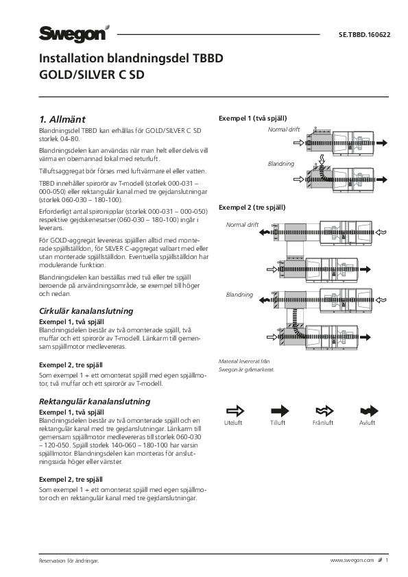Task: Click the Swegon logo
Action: coord(74,34)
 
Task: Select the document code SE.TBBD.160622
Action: coord(364,35)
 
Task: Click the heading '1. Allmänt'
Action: coord(62,119)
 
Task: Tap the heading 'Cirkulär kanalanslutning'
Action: coord(86,311)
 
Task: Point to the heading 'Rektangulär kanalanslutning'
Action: coord(95,402)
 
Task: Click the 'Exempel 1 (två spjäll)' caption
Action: coord(252,119)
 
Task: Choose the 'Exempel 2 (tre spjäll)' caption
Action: coord(252,208)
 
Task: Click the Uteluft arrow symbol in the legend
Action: coord(235,410)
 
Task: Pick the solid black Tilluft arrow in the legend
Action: coord(280,410)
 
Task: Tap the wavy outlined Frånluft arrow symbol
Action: coord(324,410)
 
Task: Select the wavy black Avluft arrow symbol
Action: coord(369,410)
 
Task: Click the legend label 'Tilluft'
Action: coord(278,423)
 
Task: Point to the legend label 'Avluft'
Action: coord(367,423)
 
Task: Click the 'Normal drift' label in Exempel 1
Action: coord(283,130)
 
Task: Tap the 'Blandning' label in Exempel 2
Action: coord(239,295)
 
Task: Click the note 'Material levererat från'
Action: coord(244,361)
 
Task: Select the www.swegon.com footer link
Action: coord(352,561)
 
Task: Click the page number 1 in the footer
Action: coord(387,561)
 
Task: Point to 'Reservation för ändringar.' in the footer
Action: coord(69,561)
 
